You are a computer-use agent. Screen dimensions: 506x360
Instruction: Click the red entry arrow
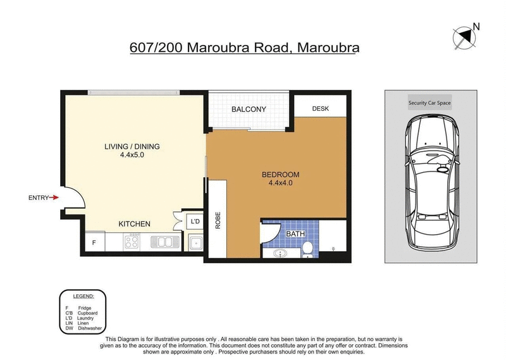(x=54, y=197)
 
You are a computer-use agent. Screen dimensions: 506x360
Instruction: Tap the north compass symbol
(x=464, y=38)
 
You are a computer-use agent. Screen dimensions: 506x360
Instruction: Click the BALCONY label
(x=249, y=109)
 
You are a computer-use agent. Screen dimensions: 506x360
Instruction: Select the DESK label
(x=321, y=108)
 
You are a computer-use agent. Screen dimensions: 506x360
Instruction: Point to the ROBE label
(x=218, y=220)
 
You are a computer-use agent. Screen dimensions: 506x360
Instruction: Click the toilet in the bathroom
(x=307, y=249)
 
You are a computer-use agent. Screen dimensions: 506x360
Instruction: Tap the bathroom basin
(x=280, y=253)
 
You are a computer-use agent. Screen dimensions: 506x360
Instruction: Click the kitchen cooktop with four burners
(x=132, y=242)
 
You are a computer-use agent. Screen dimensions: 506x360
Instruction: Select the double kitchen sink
(x=165, y=242)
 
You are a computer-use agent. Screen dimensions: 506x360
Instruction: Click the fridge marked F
(x=95, y=242)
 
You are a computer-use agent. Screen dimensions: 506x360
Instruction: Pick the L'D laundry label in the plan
(x=195, y=221)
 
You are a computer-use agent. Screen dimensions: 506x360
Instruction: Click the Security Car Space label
(x=429, y=102)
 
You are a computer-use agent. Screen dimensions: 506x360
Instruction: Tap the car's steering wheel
(x=443, y=168)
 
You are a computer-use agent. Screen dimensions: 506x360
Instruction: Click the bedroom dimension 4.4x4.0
(x=281, y=183)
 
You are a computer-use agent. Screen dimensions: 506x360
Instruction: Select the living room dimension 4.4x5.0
(x=132, y=154)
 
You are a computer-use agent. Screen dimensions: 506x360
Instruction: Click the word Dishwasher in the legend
(x=90, y=328)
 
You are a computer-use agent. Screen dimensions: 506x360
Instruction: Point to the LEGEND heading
(x=83, y=296)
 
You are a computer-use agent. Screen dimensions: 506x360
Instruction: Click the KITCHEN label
(x=134, y=224)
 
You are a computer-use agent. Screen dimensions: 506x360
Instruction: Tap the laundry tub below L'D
(x=195, y=243)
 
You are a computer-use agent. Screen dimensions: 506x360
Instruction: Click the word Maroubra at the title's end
(x=328, y=47)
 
